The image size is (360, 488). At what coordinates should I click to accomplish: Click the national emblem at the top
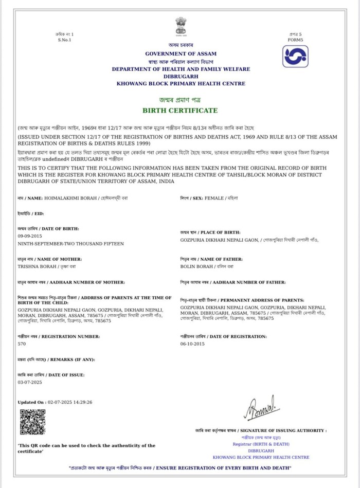181,26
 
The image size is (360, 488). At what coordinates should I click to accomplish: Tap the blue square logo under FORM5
295,57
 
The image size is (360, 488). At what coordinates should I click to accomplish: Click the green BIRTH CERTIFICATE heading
180,111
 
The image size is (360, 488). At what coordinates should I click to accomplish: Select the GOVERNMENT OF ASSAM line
181,53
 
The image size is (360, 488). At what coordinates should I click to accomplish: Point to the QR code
32,422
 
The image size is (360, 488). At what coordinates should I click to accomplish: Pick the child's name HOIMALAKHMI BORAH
66,198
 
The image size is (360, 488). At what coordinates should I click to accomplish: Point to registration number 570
22,343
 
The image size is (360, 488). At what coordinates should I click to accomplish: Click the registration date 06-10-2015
192,343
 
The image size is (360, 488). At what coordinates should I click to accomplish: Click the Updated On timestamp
55,402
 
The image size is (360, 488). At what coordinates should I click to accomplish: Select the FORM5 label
295,40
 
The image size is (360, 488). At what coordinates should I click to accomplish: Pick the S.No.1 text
65,40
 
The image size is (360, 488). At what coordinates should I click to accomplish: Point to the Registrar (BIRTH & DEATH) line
261,444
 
